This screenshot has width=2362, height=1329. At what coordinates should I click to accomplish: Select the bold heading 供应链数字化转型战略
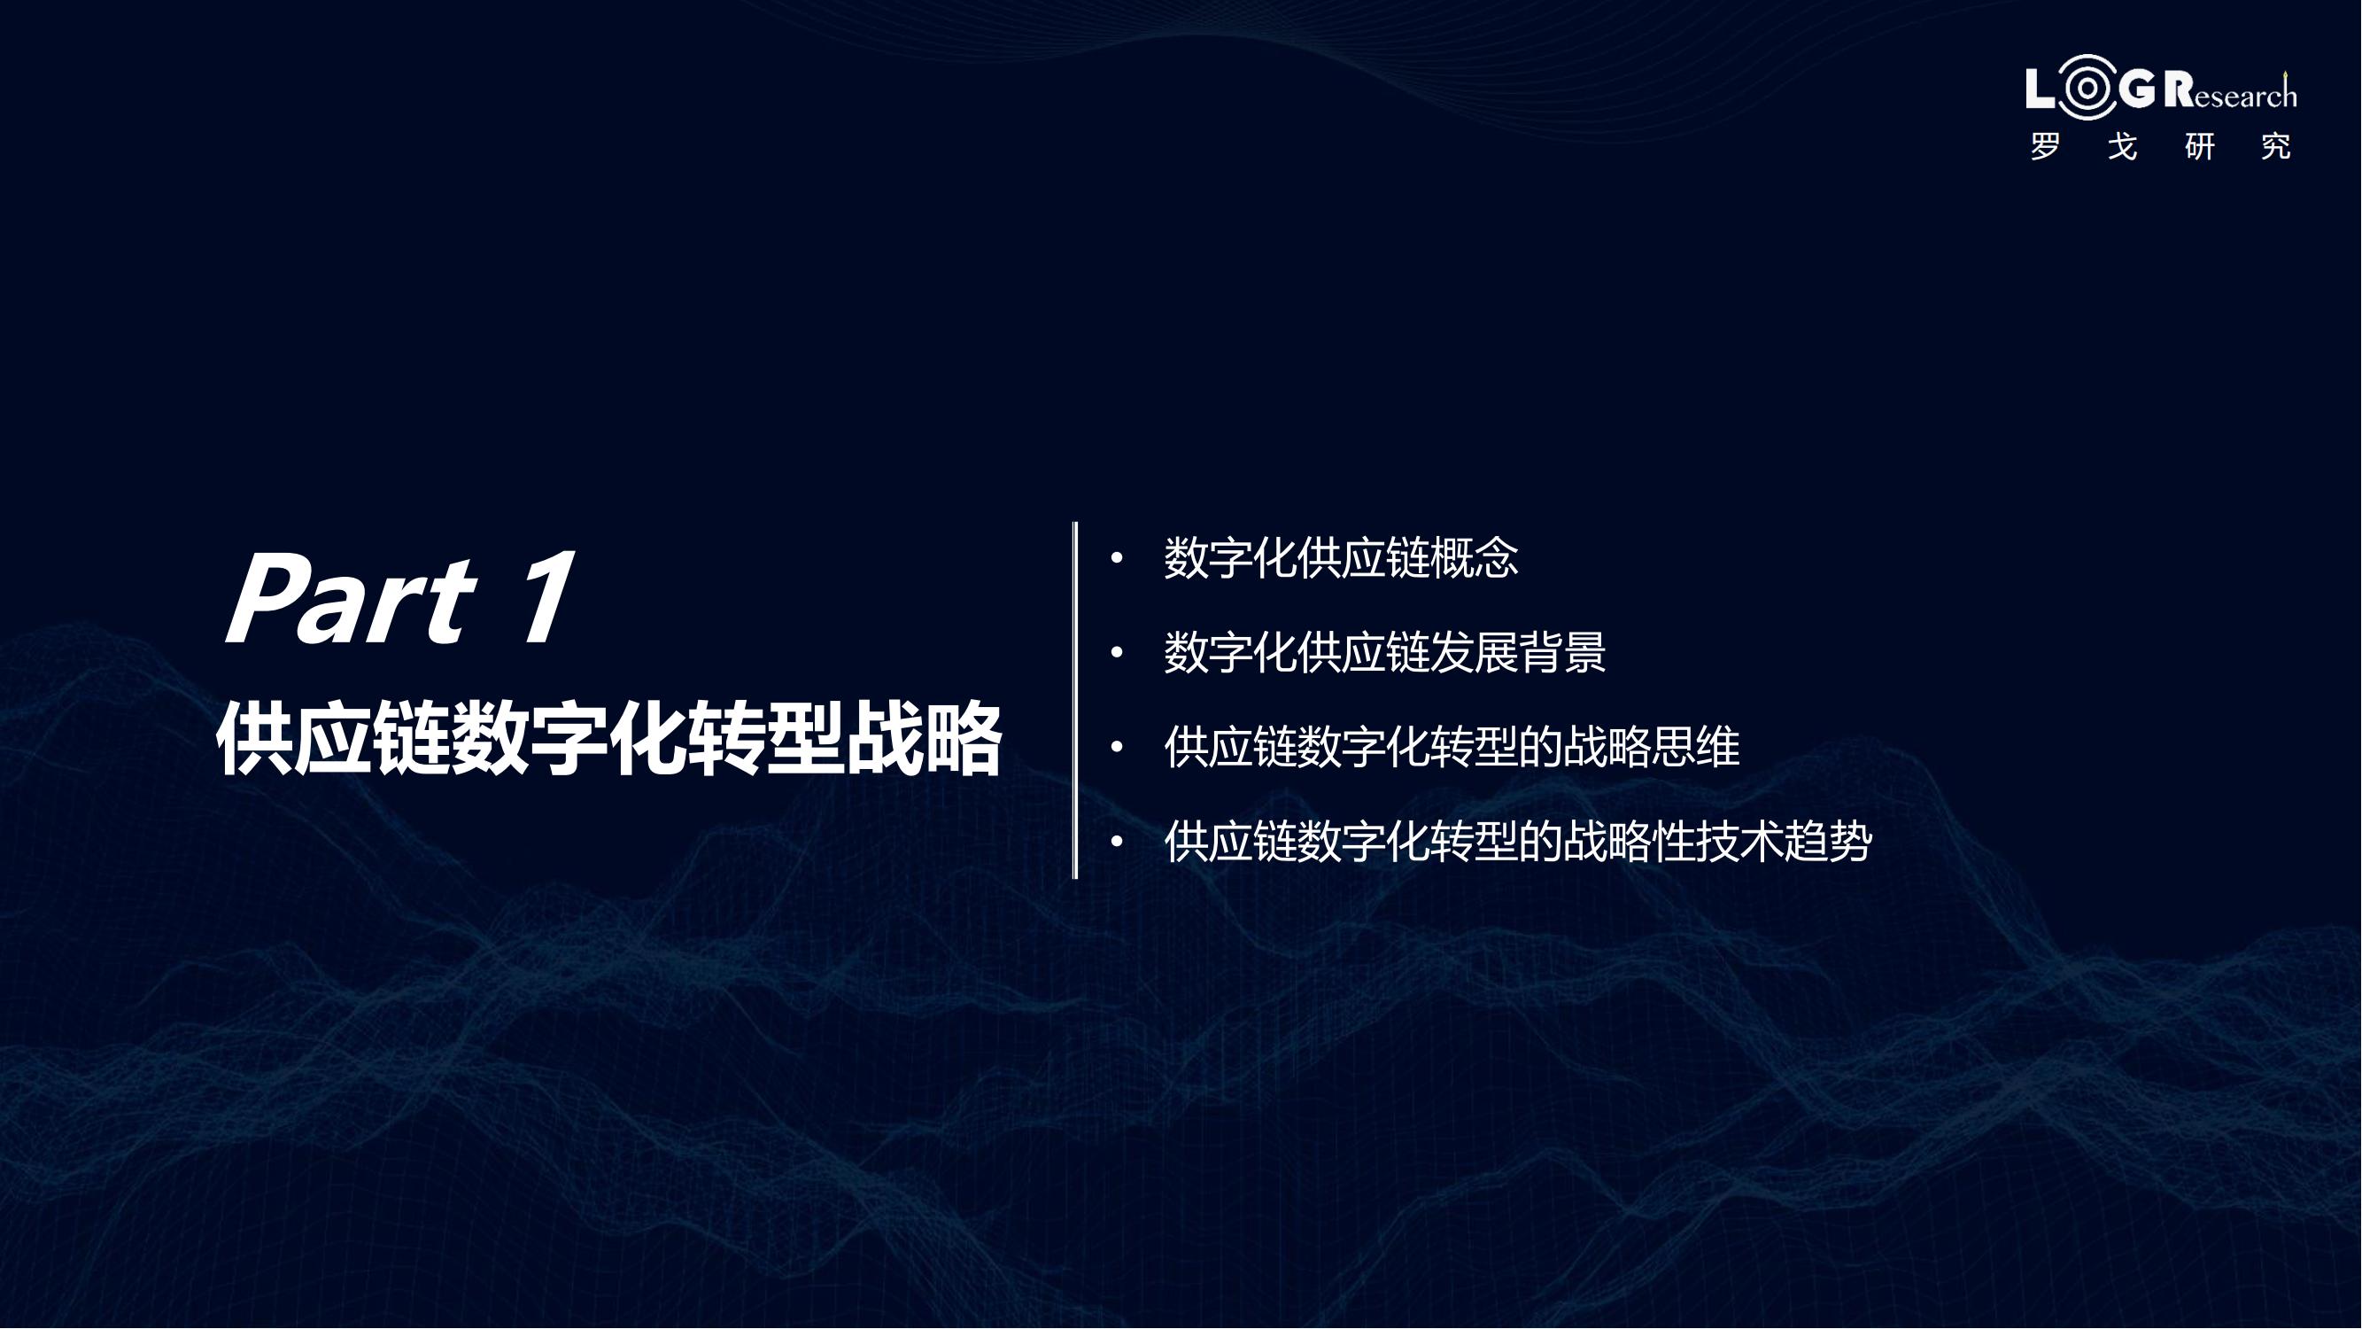(x=609, y=738)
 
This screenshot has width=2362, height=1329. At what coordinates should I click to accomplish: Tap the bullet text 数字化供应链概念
(x=1342, y=557)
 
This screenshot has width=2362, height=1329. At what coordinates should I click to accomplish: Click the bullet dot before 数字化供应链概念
(x=1117, y=556)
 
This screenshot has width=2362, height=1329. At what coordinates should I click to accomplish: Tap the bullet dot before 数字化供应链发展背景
(x=1117, y=652)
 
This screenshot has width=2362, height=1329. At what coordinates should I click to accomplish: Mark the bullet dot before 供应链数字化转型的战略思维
(x=1117, y=747)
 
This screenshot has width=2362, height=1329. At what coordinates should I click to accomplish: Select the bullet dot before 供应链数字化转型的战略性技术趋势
(x=1117, y=841)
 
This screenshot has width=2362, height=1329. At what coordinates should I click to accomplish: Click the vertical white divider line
(x=1074, y=700)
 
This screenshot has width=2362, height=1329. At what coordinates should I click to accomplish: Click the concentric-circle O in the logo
(x=2087, y=88)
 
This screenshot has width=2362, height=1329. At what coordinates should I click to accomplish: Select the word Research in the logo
(x=2231, y=89)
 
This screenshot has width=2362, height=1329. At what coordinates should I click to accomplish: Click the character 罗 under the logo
(x=2046, y=147)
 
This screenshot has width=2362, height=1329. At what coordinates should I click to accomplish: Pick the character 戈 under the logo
(x=2123, y=147)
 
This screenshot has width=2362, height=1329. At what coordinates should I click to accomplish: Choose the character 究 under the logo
(x=2277, y=147)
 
